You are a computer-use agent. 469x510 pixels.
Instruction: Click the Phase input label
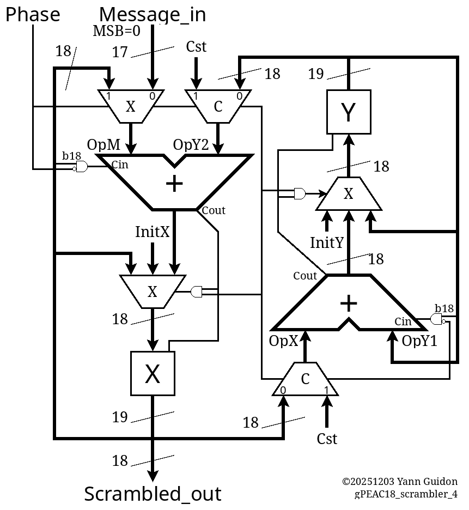(x=33, y=15)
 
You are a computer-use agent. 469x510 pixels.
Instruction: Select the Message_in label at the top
(x=153, y=15)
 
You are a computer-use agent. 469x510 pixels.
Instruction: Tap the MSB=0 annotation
(x=116, y=31)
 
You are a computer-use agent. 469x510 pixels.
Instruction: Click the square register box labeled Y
(x=349, y=112)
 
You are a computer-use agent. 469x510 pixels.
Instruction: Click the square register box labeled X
(x=153, y=374)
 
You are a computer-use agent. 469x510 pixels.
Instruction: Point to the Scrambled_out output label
(x=153, y=494)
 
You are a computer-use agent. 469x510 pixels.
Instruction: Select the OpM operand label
(x=103, y=145)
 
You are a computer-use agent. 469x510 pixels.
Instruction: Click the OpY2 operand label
(x=191, y=145)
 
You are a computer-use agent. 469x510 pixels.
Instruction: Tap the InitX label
(x=153, y=232)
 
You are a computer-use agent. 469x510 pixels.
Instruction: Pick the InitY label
(x=327, y=242)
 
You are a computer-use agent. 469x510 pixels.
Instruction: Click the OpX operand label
(x=284, y=341)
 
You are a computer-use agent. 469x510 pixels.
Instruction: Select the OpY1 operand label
(x=420, y=341)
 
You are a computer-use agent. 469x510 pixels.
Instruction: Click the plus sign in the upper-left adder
(x=174, y=184)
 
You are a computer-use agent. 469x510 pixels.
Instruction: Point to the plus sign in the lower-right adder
(x=349, y=303)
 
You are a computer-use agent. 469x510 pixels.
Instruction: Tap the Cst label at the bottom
(x=327, y=439)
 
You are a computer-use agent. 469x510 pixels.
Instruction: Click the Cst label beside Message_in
(x=196, y=47)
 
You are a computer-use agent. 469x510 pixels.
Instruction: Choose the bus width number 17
(x=120, y=52)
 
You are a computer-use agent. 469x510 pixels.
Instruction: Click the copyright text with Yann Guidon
(x=399, y=482)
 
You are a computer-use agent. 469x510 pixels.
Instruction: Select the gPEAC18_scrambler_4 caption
(x=406, y=494)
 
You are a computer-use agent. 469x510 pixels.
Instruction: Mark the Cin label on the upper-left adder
(x=120, y=165)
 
